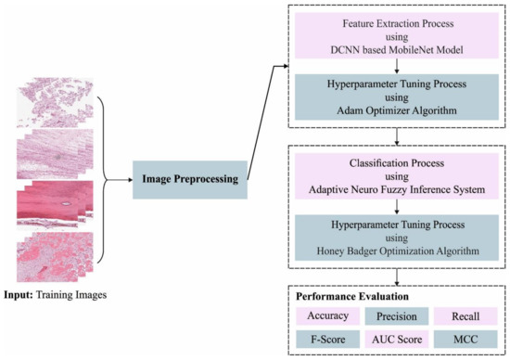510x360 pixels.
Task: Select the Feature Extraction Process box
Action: (396, 33)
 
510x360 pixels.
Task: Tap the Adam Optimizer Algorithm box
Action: (396, 96)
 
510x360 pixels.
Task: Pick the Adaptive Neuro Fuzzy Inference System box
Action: (396, 174)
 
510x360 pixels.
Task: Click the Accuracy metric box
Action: (326, 316)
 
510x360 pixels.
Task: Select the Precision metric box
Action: (396, 316)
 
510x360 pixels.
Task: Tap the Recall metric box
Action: (465, 316)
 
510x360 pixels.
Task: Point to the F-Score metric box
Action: (326, 340)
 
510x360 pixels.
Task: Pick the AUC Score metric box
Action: (396, 340)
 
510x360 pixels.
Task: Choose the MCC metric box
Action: (465, 340)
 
